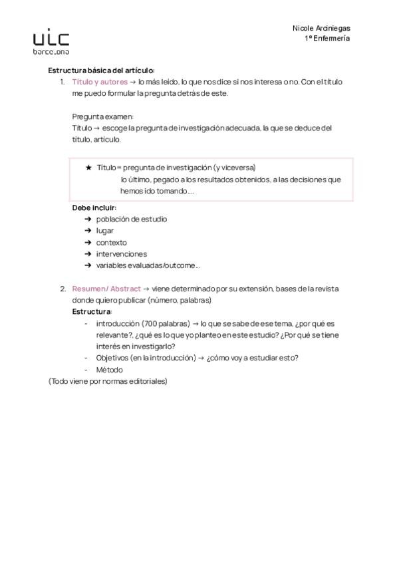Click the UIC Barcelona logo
(x=51, y=41)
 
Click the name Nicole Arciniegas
(x=321, y=28)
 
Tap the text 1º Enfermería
(x=327, y=39)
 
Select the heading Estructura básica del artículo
(x=101, y=70)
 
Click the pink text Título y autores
(x=100, y=82)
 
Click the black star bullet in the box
(x=88, y=168)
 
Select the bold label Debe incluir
(x=94, y=208)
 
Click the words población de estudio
(x=132, y=219)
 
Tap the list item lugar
(x=105, y=231)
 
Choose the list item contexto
(x=111, y=243)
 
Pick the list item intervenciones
(x=122, y=254)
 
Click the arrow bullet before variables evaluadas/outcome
(x=88, y=265)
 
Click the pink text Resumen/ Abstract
(x=106, y=289)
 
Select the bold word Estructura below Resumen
(x=92, y=312)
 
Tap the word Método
(x=110, y=370)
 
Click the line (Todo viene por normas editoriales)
(x=108, y=382)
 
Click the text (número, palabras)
(x=180, y=300)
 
